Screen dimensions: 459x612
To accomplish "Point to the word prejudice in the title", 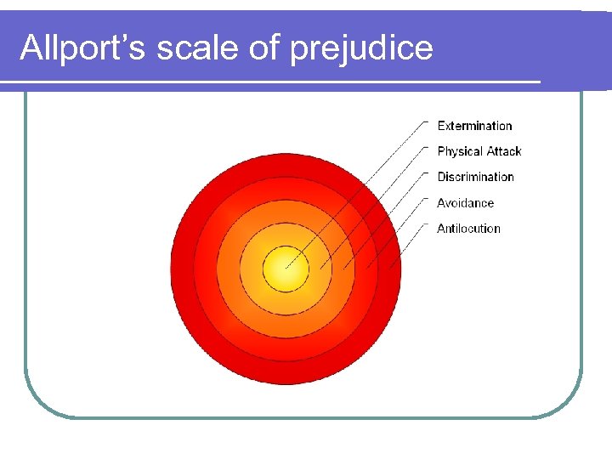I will pyautogui.click(x=361, y=49).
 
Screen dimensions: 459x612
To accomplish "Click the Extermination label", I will pyautogui.click(x=474, y=126).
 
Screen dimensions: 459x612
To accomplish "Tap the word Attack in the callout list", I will pyautogui.click(x=503, y=151).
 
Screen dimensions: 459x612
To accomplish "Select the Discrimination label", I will pyautogui.click(x=475, y=177).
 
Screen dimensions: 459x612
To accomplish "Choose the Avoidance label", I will pyautogui.click(x=465, y=203).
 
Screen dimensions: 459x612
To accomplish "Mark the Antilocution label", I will pyautogui.click(x=468, y=229).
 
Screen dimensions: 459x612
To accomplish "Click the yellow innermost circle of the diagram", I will pyautogui.click(x=284, y=270).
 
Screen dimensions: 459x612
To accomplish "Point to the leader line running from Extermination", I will pyautogui.click(x=357, y=195).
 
